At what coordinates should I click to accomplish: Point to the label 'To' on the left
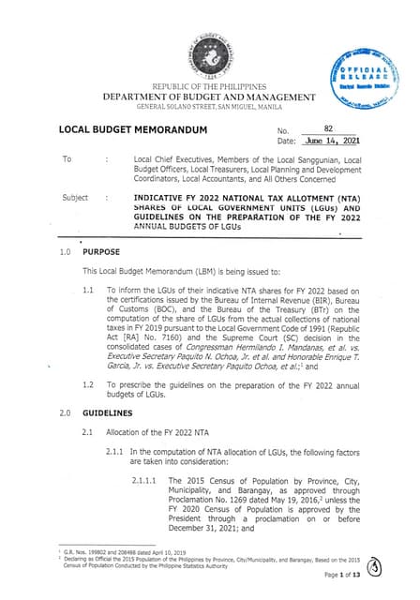point(67,159)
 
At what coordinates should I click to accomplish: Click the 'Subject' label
point(75,199)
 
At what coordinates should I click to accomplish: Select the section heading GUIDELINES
point(109,412)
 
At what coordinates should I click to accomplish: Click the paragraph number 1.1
point(88,291)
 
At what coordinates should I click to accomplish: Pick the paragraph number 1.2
point(88,386)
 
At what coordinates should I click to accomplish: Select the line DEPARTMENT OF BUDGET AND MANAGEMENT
point(208,98)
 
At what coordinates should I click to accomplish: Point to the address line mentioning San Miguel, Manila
point(208,109)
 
